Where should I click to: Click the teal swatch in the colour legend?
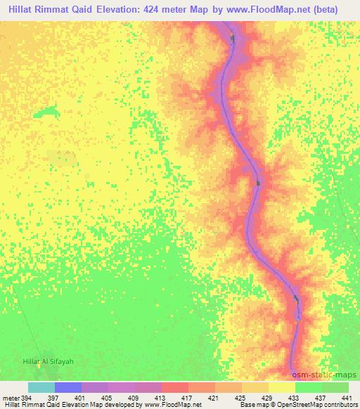[x=41, y=387]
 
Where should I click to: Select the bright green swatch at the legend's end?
[x=335, y=387]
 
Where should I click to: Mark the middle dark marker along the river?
[x=258, y=183]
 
